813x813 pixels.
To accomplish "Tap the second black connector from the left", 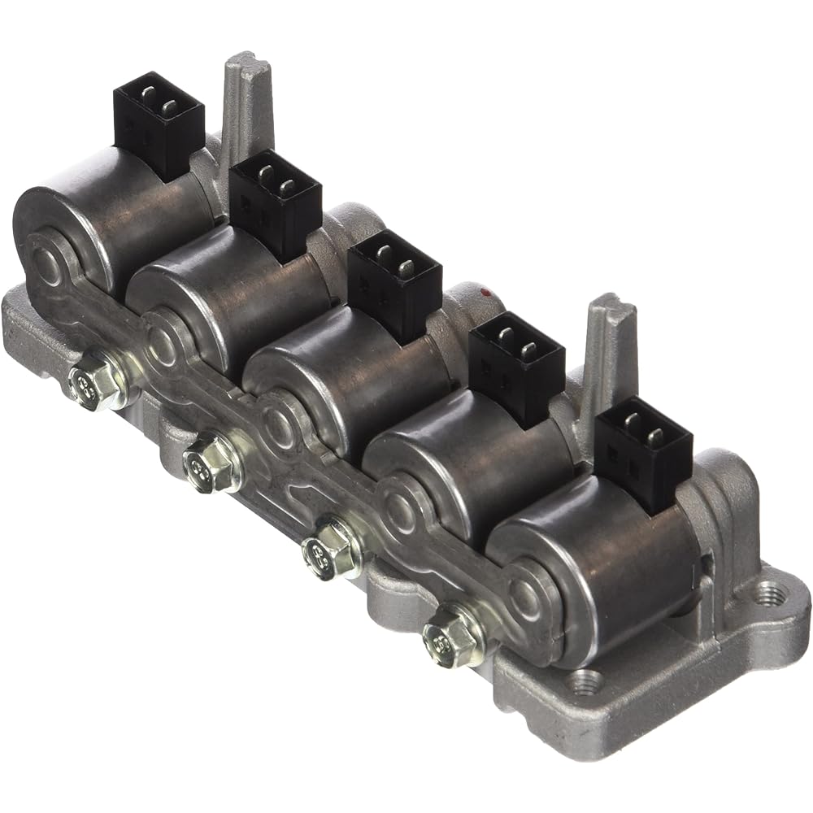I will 274,202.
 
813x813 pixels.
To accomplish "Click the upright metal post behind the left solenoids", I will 248,106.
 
